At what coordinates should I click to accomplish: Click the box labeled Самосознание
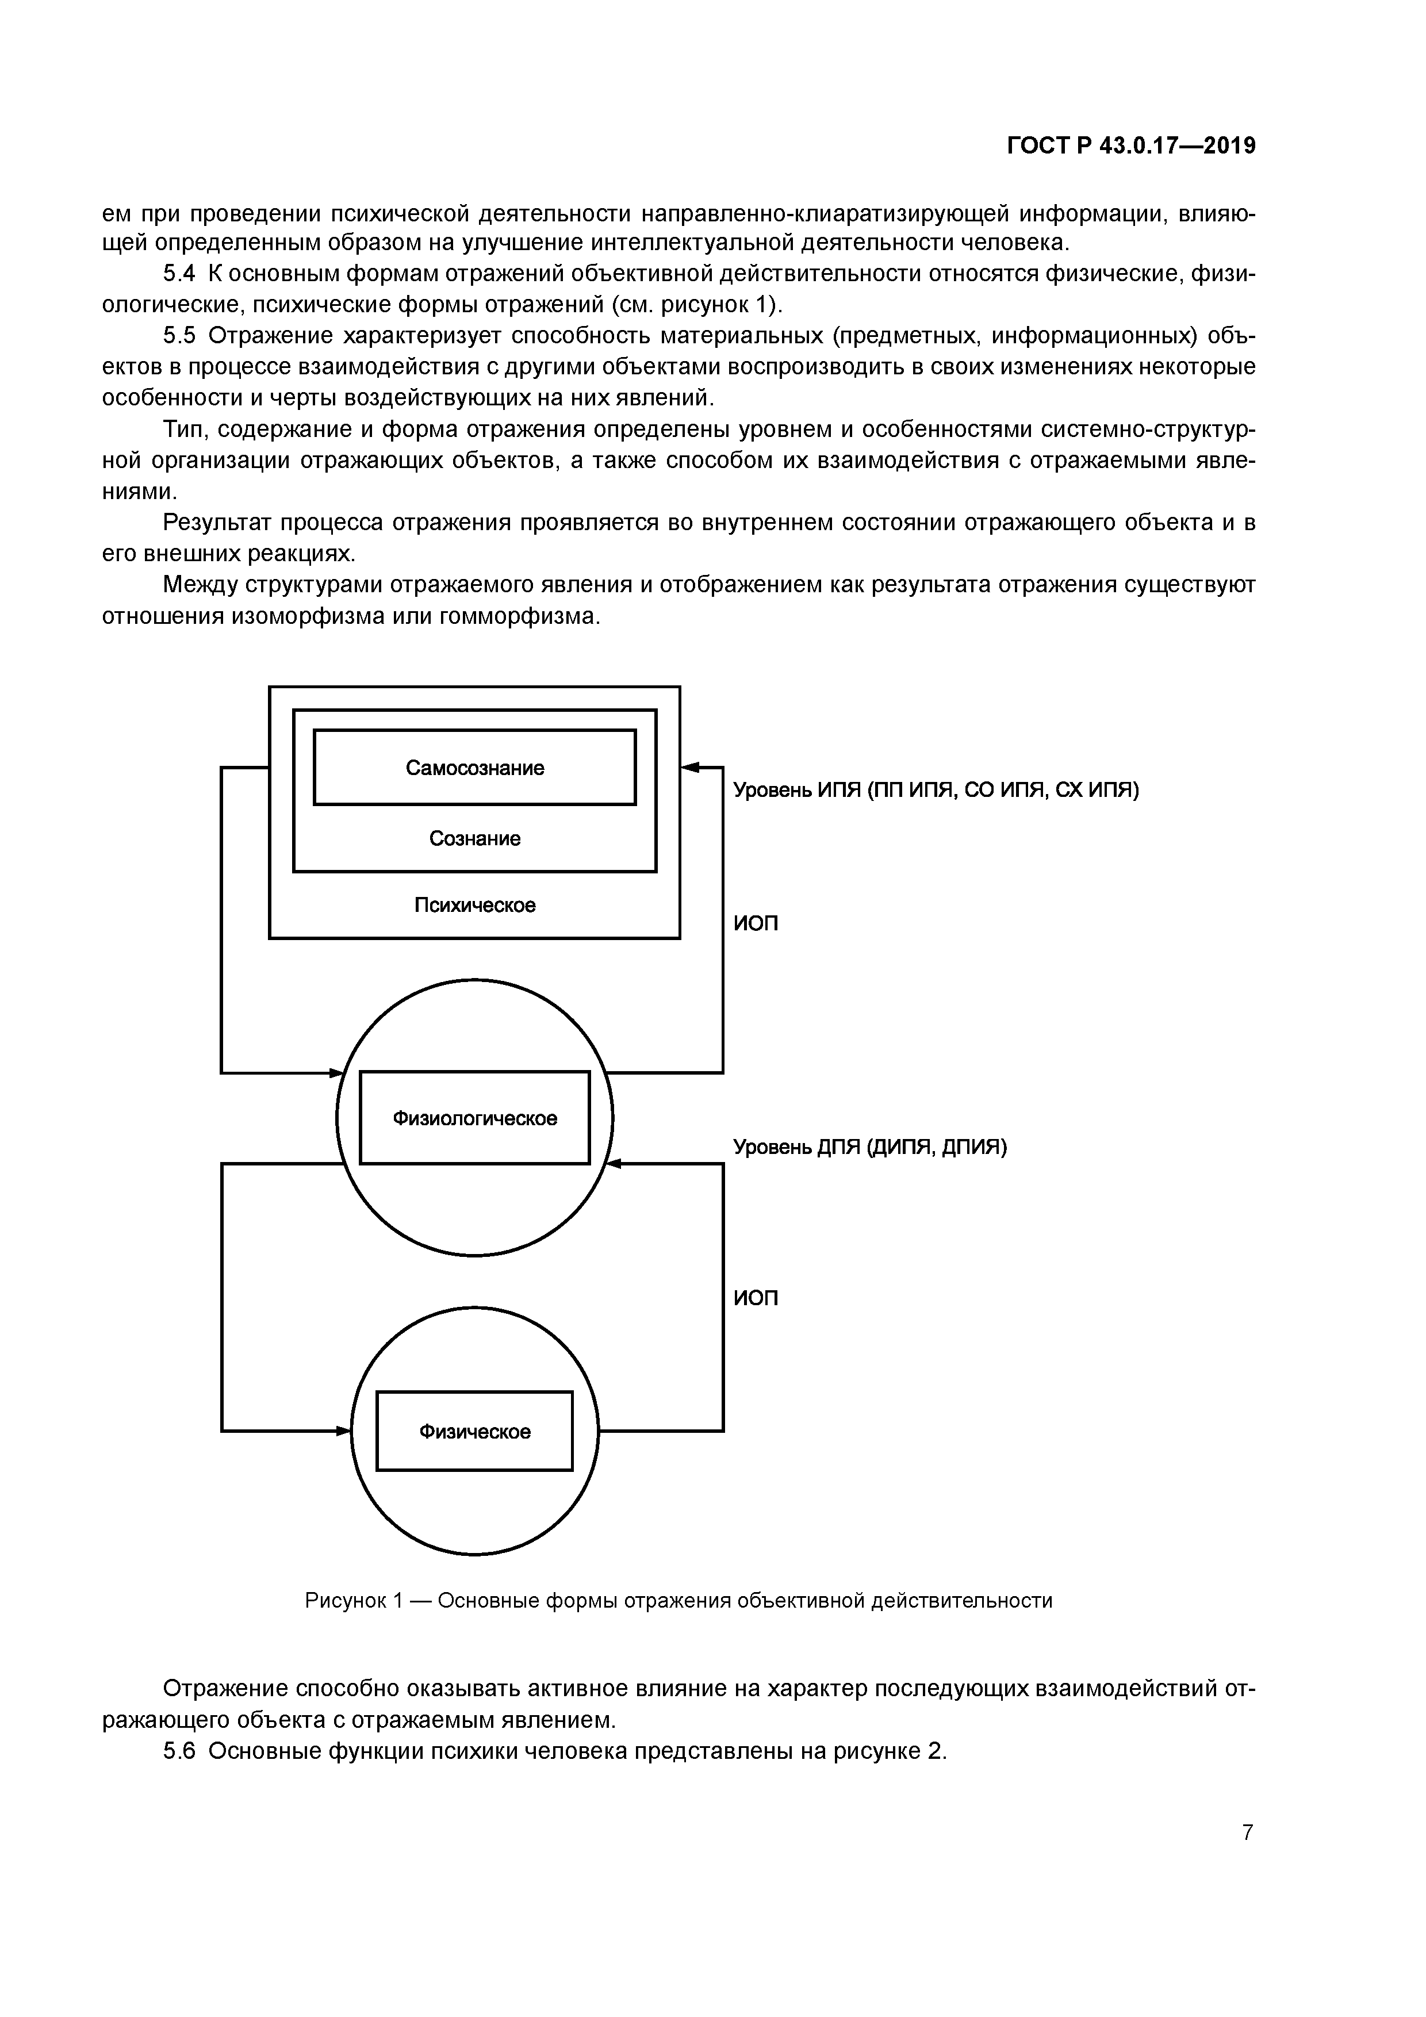tap(474, 768)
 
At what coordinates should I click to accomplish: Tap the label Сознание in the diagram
tap(474, 839)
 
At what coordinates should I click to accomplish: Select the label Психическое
tap(474, 905)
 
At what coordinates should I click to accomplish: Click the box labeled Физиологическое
tap(474, 1118)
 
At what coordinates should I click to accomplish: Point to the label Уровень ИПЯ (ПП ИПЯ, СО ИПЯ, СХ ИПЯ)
tap(936, 791)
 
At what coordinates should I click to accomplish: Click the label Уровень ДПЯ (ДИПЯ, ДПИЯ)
tap(870, 1146)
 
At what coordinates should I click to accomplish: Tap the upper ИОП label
tap(756, 924)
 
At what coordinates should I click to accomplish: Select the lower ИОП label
tap(756, 1298)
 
